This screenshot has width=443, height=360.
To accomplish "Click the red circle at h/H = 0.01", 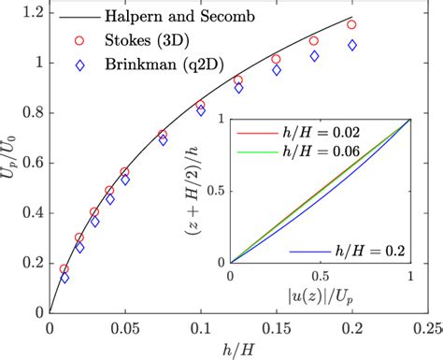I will [64, 269].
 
